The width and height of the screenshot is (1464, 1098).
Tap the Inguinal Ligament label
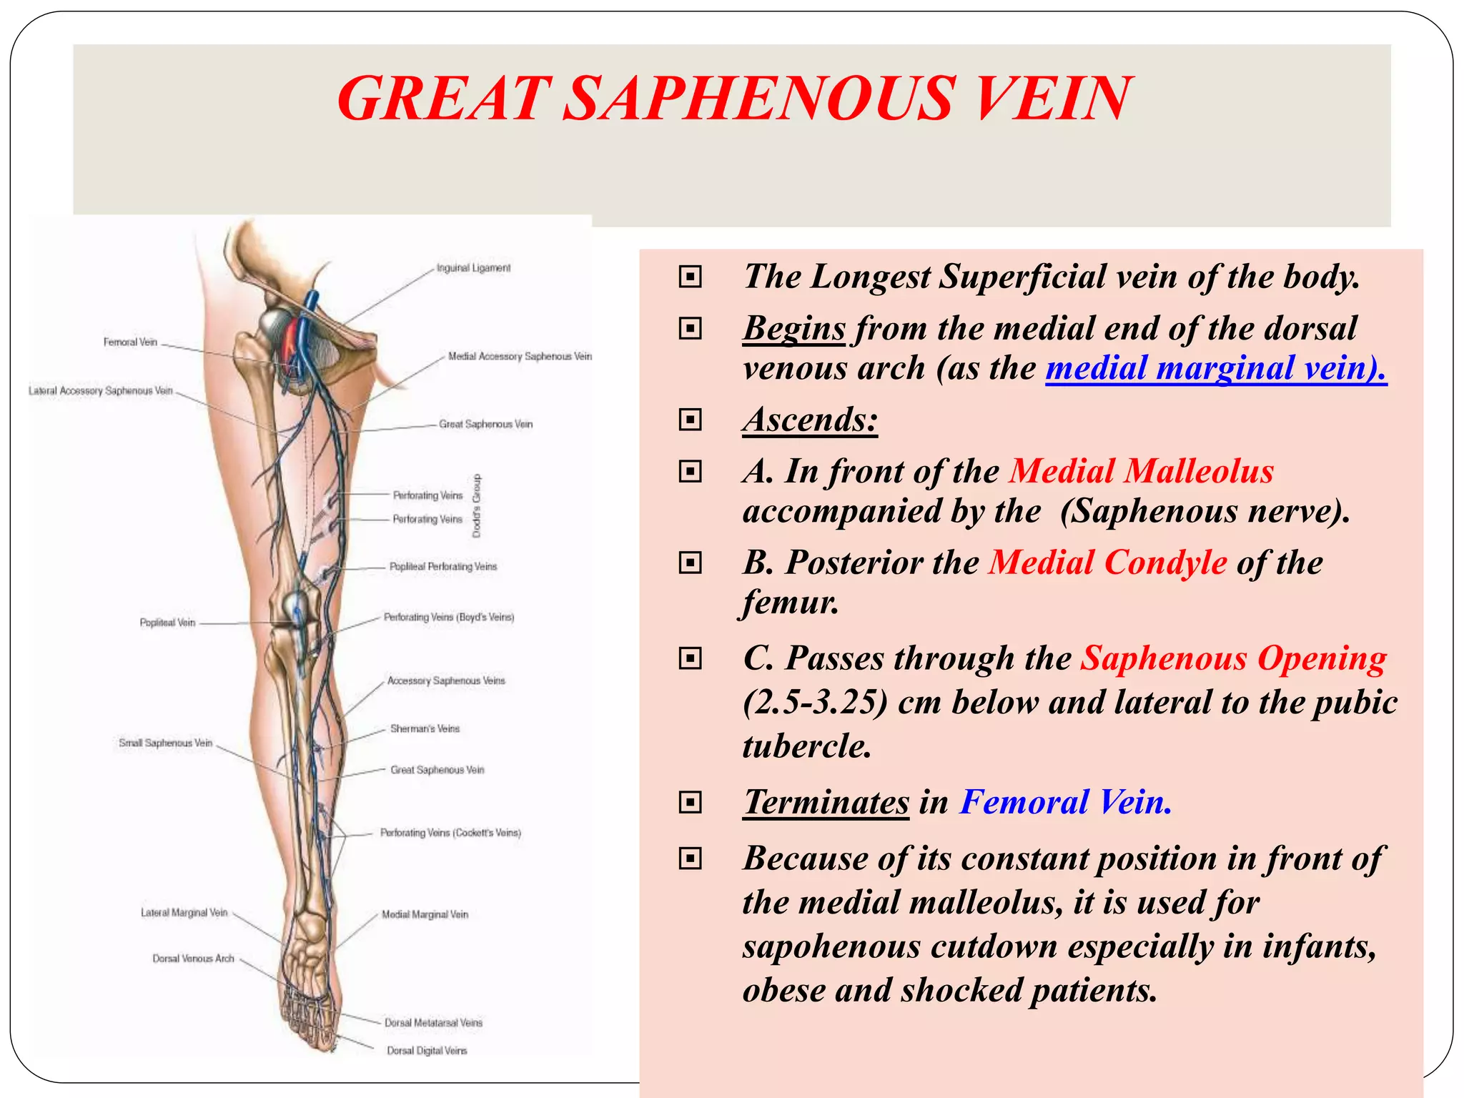(474, 268)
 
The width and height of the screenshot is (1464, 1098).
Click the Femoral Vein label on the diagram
(130, 342)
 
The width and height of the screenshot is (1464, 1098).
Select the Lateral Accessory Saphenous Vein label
(101, 391)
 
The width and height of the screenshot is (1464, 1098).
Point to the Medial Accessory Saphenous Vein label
(520, 356)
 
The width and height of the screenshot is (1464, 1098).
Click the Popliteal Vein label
(167, 623)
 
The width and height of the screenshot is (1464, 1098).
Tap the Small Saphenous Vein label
(166, 743)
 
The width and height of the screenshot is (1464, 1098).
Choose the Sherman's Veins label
(425, 729)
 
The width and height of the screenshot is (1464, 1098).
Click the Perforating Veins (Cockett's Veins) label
(450, 833)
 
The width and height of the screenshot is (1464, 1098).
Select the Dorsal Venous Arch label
(193, 959)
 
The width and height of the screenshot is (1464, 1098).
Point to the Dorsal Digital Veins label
(427, 1051)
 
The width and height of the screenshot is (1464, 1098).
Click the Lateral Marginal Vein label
(184, 913)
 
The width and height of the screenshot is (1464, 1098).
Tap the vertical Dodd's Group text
(477, 506)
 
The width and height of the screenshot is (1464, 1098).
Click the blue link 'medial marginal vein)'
(1215, 368)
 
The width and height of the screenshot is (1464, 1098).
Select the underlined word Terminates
(826, 802)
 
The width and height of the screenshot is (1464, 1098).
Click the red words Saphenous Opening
(1233, 658)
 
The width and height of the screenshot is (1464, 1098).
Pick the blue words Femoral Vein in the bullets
(1065, 802)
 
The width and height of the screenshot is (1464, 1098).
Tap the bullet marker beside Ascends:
(690, 420)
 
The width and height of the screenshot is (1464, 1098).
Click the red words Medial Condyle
(1108, 563)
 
